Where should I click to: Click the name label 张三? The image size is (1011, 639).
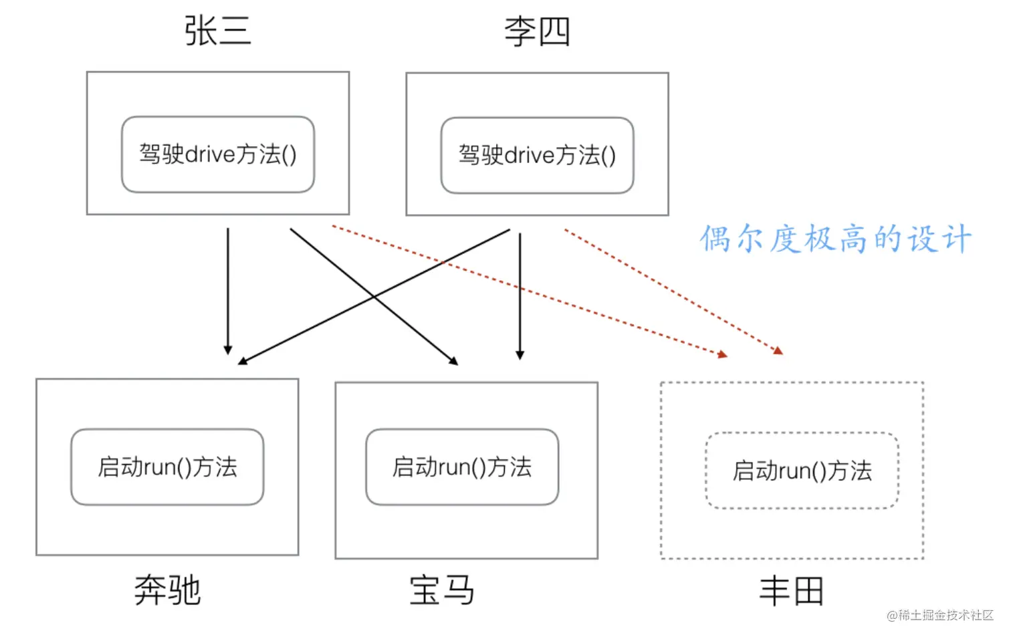coord(217,31)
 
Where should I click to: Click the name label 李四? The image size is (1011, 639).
coord(537,32)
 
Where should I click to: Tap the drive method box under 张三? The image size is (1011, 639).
coord(218,154)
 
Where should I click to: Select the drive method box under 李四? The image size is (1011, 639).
coord(537,155)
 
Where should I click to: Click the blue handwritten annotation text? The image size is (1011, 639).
coord(835,239)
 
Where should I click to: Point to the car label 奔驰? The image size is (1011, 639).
coord(167,590)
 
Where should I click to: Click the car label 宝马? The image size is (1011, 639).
coord(442,590)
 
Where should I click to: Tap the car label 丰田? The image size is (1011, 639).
coord(792,591)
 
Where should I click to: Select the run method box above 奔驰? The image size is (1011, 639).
coord(167,467)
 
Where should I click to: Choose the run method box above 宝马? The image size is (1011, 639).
coord(462,467)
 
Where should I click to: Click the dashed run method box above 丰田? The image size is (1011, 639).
coord(802,471)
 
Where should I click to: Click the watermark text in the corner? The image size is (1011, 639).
coord(940,615)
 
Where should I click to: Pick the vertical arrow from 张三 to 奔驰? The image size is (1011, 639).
coord(228,291)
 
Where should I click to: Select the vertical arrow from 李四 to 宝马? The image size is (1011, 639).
coord(520,294)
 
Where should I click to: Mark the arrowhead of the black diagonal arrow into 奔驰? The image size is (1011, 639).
coord(243,361)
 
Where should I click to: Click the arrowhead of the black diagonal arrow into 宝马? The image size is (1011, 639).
coord(453,361)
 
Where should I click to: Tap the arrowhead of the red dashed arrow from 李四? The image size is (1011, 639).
coord(778,350)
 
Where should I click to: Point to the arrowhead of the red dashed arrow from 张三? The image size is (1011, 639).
coord(723,354)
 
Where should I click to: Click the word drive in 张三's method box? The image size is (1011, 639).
coord(210,155)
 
